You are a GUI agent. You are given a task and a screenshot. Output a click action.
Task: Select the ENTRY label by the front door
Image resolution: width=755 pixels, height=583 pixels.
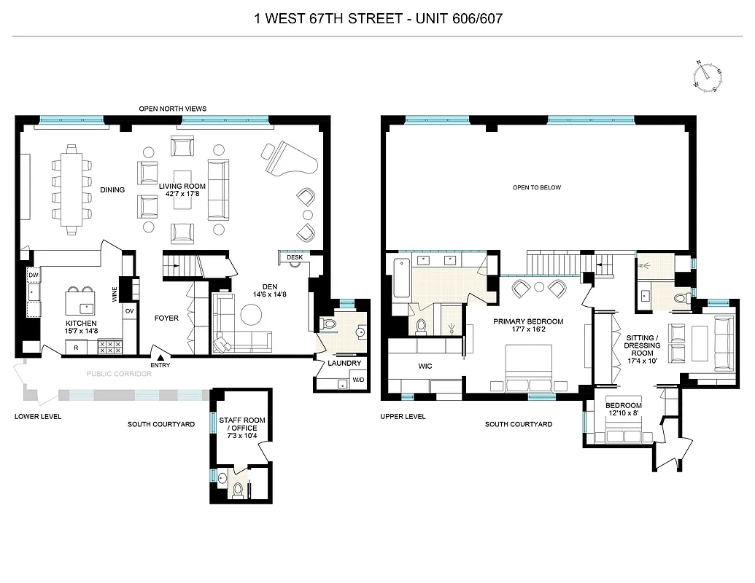(x=160, y=365)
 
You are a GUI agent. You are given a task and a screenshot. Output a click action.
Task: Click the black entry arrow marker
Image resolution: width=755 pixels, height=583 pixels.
(x=154, y=351)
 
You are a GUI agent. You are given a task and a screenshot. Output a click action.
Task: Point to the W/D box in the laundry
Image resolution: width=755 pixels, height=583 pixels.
(x=359, y=380)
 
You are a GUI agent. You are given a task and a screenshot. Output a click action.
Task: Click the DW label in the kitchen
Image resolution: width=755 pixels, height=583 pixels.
(x=34, y=275)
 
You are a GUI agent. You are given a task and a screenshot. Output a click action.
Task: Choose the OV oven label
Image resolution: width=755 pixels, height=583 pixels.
(x=129, y=310)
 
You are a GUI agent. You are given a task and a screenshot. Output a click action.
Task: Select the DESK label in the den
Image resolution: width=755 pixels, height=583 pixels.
(x=294, y=258)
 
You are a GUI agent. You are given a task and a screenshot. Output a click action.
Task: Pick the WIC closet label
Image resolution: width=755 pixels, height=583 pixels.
(x=425, y=367)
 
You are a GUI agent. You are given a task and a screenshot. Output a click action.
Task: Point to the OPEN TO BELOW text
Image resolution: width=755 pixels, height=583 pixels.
(x=536, y=188)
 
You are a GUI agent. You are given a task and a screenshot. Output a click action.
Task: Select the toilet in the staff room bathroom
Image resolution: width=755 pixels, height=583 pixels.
(x=238, y=489)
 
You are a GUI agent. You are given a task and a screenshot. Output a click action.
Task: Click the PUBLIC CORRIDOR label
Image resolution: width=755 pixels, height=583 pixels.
(x=119, y=374)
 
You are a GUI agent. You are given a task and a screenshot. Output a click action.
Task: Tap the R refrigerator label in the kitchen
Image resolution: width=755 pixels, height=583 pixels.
(x=76, y=348)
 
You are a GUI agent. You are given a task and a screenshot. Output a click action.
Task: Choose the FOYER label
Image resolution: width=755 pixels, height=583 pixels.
(x=166, y=318)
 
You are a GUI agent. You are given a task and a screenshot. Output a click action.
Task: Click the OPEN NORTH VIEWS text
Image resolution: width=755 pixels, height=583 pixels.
(x=172, y=109)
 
